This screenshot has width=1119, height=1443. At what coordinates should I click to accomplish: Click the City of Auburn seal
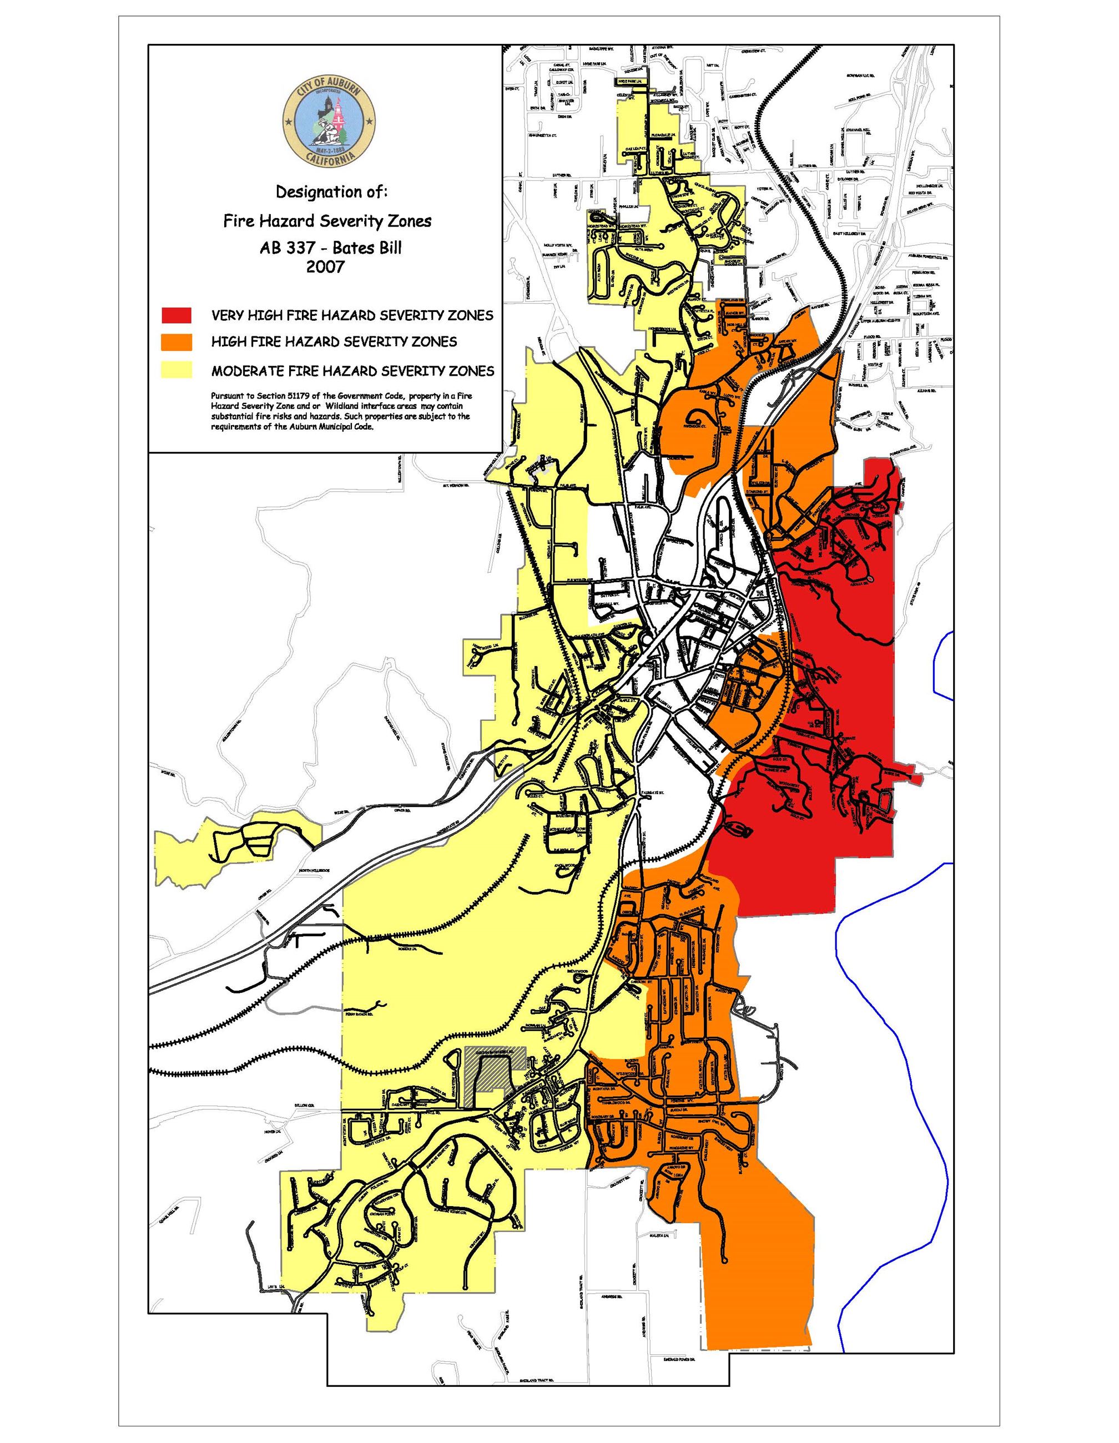[x=329, y=121]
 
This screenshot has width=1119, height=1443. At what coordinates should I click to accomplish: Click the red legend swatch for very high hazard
[x=176, y=315]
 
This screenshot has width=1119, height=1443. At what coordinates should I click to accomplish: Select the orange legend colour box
[x=176, y=342]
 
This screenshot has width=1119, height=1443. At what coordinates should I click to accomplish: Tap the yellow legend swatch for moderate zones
[x=176, y=370]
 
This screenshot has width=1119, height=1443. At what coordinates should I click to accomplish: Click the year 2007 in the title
[x=325, y=268]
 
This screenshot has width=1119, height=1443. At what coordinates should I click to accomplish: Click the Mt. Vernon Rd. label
[x=455, y=485]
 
